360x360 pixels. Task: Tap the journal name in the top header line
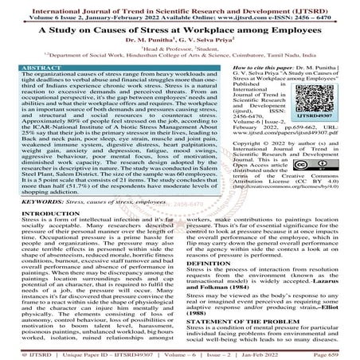[x=180, y=6]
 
